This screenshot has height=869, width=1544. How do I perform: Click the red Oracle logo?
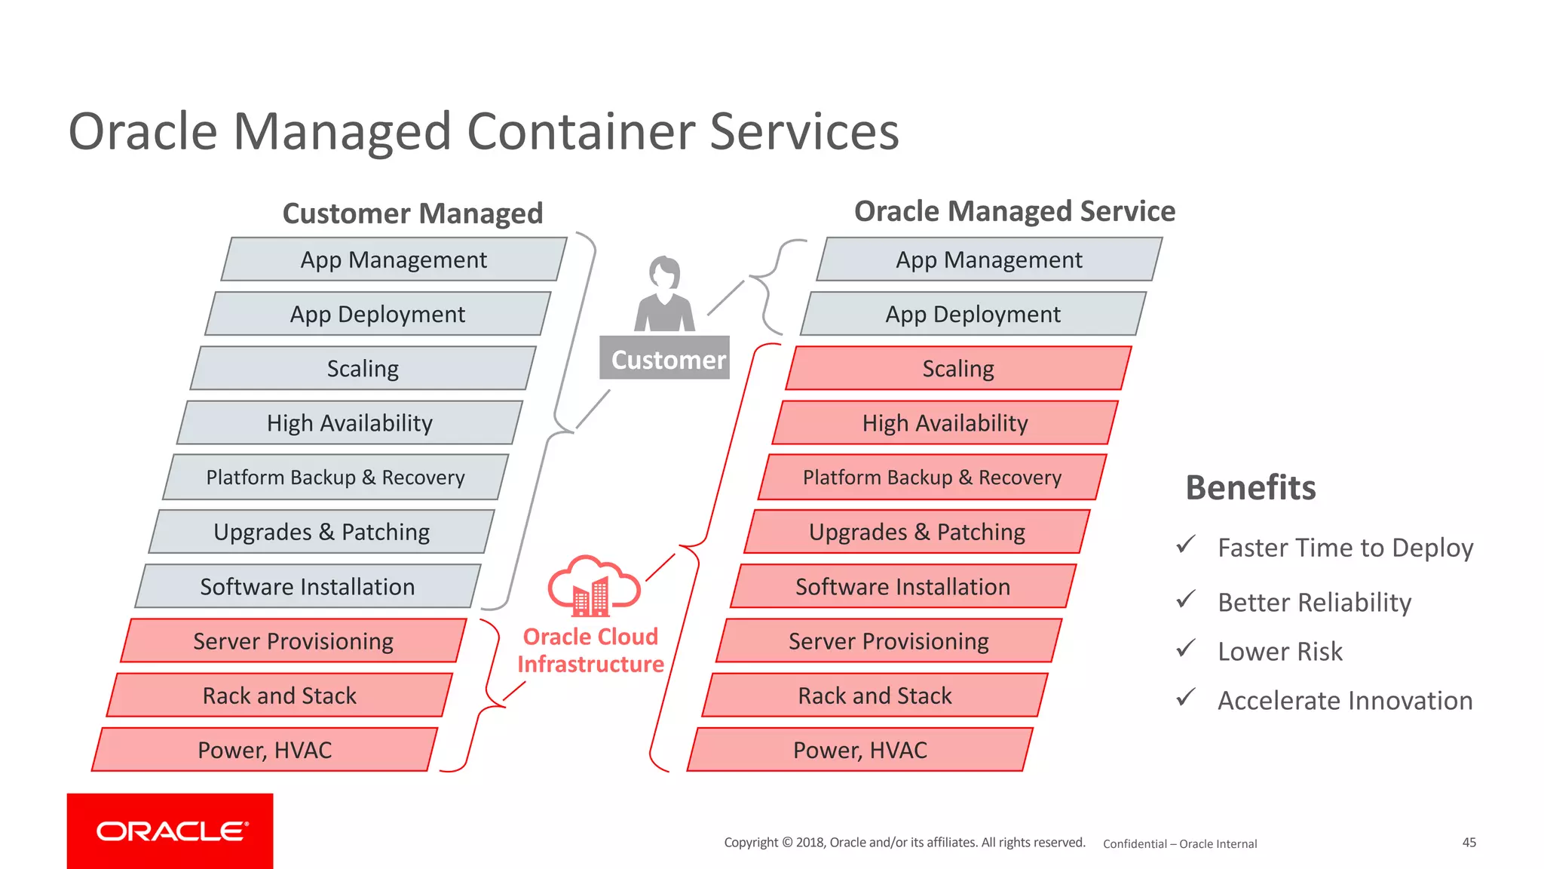tap(170, 831)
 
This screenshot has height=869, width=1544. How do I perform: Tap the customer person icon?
tap(664, 295)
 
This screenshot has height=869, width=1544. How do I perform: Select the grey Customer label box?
tap(664, 358)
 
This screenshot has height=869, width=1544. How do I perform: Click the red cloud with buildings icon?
tap(594, 586)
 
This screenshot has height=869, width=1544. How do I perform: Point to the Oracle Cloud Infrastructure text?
tap(590, 650)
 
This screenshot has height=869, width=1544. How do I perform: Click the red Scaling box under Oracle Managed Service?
tap(958, 369)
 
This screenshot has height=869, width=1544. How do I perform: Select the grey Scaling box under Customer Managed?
tap(363, 369)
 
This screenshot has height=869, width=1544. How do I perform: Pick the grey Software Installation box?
tap(308, 586)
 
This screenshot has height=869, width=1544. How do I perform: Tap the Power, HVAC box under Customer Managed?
tap(265, 750)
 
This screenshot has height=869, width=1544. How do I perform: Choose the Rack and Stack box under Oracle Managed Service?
tap(875, 696)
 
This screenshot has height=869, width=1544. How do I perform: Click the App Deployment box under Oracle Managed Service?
tap(973, 315)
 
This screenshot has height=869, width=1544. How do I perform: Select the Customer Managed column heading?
tap(412, 213)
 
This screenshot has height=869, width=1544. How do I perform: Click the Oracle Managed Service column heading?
tap(1014, 211)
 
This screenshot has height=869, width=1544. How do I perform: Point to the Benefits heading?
tap(1251, 488)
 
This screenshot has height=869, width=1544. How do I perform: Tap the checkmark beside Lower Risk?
tap(1186, 649)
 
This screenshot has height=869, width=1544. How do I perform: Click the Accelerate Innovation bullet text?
tap(1345, 701)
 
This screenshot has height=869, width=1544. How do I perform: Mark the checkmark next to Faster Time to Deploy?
tap(1186, 544)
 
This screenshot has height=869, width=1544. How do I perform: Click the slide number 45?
tap(1469, 843)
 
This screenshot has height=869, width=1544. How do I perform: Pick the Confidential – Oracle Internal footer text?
tap(1180, 844)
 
